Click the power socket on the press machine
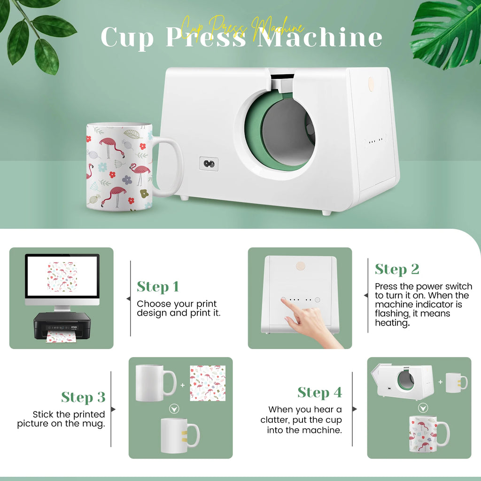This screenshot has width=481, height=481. (209, 163)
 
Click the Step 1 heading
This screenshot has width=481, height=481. (158, 287)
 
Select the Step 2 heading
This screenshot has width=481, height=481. (397, 269)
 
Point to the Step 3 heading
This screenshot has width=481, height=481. (83, 397)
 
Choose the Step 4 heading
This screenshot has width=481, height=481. (320, 392)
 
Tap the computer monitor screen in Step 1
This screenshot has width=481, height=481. (62, 277)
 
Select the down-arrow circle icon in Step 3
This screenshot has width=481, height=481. (174, 409)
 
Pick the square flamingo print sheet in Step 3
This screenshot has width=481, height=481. (208, 383)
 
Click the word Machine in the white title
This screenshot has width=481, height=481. (320, 37)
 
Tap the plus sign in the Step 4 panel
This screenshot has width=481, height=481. (440, 382)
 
